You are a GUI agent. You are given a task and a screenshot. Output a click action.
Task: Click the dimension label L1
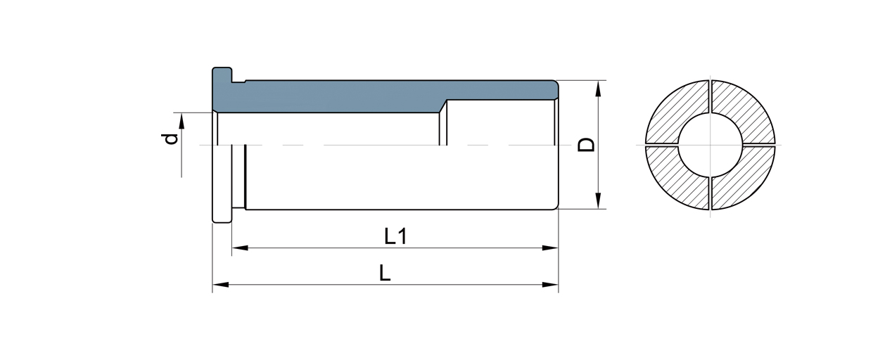click(x=396, y=236)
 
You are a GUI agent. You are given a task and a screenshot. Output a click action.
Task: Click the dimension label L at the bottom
click(x=385, y=274)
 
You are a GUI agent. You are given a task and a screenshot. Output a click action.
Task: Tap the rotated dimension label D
click(x=587, y=145)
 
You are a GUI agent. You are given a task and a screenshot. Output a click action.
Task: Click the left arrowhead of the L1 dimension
click(x=240, y=248)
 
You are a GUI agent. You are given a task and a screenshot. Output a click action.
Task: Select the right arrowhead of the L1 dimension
click(x=550, y=248)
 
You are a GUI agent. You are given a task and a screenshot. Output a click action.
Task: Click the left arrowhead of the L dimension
click(x=221, y=285)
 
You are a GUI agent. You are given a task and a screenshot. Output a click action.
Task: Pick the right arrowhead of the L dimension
click(x=550, y=285)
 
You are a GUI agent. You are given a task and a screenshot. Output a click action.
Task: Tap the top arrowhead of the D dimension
click(x=598, y=89)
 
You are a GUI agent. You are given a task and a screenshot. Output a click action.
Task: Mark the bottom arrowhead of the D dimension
click(x=598, y=200)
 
